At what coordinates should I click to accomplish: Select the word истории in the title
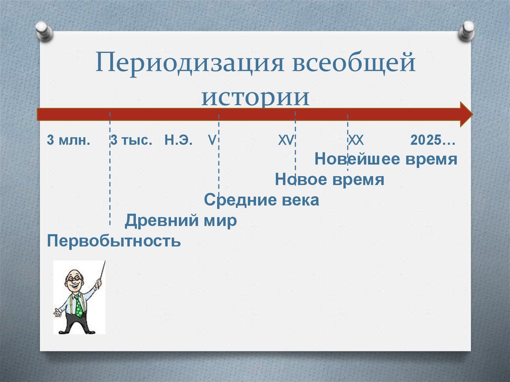(x=255, y=96)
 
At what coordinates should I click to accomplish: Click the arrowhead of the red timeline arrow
(x=466, y=114)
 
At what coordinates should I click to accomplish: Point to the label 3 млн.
(x=69, y=140)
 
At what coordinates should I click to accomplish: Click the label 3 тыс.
(x=131, y=140)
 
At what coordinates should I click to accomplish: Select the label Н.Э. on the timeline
(x=177, y=140)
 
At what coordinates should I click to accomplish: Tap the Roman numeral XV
(x=286, y=140)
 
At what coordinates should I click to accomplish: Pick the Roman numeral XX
(x=355, y=140)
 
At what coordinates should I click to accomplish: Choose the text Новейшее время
(x=385, y=159)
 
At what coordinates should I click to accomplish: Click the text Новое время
(x=329, y=180)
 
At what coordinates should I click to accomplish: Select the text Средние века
(x=261, y=200)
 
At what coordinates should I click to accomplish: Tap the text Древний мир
(x=180, y=221)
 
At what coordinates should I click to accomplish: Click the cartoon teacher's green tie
(x=78, y=304)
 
